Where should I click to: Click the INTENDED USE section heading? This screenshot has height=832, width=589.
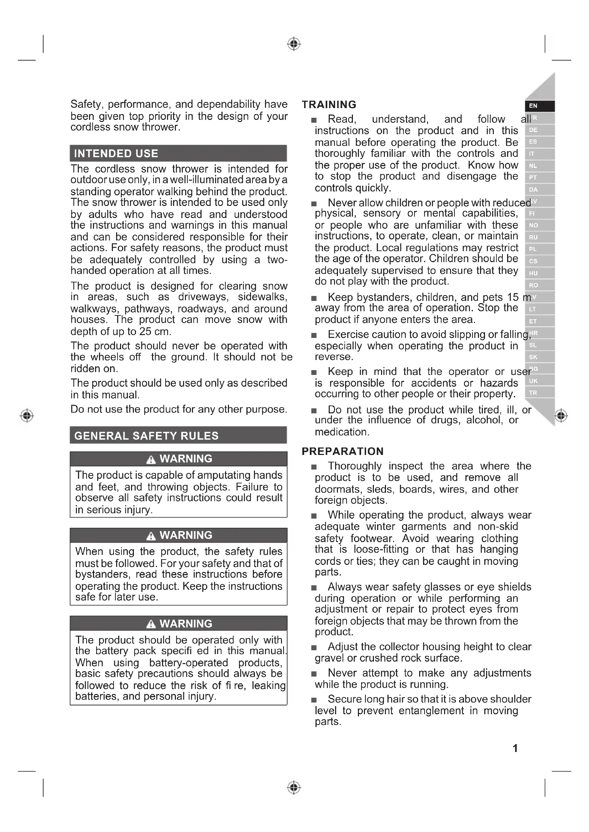116,154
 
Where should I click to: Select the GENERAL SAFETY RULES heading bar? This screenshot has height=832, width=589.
146,436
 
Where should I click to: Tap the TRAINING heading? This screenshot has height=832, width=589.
329,105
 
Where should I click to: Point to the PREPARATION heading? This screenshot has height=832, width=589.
342,451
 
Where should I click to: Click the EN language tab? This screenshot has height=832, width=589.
533,106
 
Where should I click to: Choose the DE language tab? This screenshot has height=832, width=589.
533,130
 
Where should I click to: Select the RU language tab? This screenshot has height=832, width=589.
533,237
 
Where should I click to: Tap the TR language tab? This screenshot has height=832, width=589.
533,393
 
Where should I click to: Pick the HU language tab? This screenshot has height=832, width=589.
533,273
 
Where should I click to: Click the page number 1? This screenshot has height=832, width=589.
515,748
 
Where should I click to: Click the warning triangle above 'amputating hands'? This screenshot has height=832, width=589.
151,460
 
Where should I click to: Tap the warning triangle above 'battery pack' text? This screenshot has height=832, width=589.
151,624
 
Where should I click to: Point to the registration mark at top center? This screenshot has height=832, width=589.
294,44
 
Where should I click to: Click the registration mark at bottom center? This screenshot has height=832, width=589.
294,788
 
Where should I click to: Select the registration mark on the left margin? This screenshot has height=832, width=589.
27,415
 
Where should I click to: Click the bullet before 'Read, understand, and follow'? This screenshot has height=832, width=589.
314,120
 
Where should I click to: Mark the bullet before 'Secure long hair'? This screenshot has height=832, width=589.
314,700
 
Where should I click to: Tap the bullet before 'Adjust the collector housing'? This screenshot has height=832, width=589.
314,647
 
